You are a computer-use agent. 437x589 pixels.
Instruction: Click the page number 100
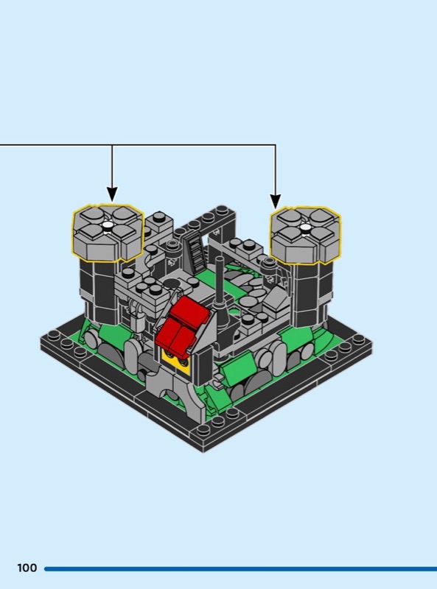pyautogui.click(x=27, y=568)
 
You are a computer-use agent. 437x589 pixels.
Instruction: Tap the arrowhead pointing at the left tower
pyautogui.click(x=112, y=194)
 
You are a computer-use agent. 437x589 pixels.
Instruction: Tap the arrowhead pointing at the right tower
pyautogui.click(x=276, y=202)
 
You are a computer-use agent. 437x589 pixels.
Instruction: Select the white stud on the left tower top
pyautogui.click(x=108, y=225)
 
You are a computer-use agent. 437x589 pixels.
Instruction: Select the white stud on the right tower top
pyautogui.click(x=305, y=227)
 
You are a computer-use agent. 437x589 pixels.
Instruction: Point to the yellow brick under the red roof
pyautogui.click(x=175, y=361)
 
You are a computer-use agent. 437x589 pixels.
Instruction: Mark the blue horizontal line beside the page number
pyautogui.click(x=241, y=568)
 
